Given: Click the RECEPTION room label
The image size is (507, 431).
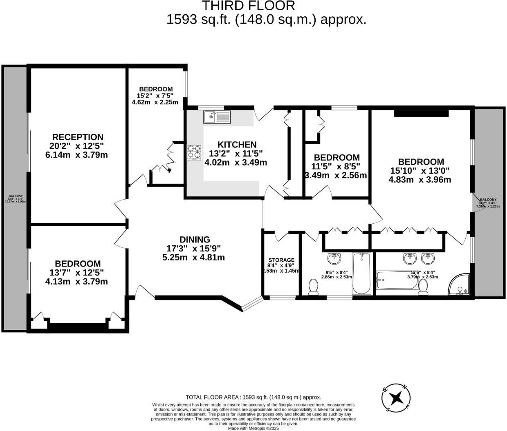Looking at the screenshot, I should (78, 137).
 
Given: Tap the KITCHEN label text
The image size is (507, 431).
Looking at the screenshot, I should (237, 144).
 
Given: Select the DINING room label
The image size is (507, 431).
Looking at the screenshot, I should (195, 240).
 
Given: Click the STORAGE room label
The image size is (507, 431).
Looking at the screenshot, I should (281, 260).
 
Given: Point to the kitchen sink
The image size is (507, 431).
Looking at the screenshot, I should (217, 117).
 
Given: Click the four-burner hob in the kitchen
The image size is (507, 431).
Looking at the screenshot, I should (195, 153).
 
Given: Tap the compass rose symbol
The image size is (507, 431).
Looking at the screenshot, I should (396, 398).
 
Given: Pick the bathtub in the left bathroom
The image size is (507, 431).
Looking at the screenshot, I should (361, 273).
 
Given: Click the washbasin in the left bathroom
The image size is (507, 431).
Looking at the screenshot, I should (334, 259).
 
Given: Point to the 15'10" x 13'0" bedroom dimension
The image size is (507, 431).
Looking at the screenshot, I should (421, 171).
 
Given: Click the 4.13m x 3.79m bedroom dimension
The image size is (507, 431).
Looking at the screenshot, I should (77, 282).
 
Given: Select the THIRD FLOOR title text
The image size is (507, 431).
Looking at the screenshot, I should (249, 6).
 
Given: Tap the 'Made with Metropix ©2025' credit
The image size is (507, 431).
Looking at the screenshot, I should (253, 429).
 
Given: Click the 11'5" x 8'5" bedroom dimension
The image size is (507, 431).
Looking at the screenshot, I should (336, 167).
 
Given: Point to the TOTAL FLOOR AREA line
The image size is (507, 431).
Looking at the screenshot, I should (253, 397).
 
